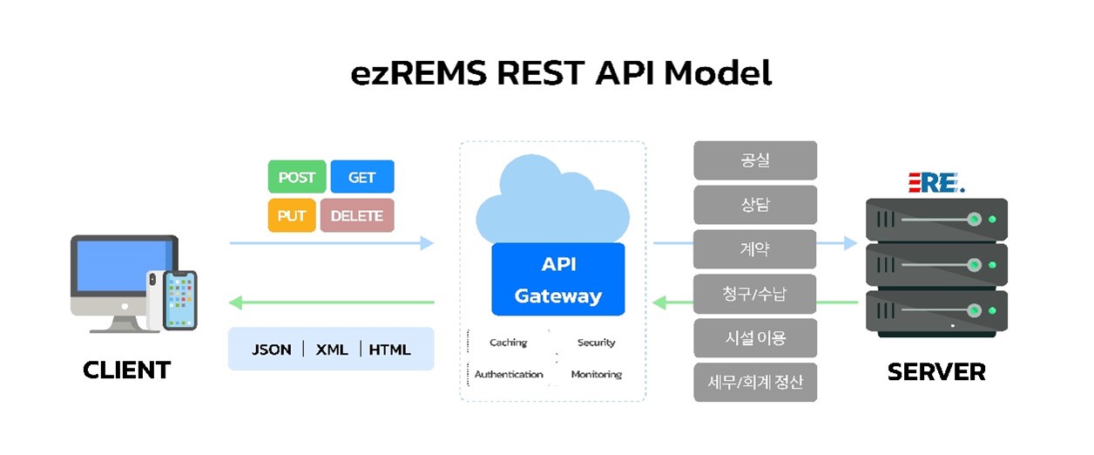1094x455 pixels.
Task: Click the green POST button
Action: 296,177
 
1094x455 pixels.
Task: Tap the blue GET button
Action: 361,177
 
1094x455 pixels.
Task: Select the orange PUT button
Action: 291,215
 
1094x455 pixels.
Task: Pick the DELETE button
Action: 357,215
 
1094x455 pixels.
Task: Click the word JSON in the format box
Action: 271,350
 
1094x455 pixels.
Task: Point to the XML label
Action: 332,350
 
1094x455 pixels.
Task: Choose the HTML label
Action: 389,350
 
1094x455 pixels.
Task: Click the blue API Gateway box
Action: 557,279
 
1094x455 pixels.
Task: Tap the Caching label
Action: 508,343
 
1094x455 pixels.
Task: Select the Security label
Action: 596,343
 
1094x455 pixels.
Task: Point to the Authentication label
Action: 509,375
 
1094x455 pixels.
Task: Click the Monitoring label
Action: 596,375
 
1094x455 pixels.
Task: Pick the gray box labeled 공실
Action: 754,160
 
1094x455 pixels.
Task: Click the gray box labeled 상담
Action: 754,205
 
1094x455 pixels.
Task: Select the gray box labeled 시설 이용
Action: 754,338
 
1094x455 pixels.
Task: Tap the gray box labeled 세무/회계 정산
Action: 754,383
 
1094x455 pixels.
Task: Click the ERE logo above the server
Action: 935,181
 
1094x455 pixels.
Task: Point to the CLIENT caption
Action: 126,370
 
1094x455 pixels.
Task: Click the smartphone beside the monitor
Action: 180,300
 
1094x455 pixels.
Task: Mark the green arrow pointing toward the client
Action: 331,302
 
